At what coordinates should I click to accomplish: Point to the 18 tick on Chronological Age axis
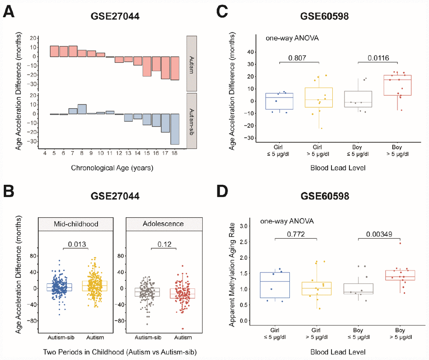pos(174,153)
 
